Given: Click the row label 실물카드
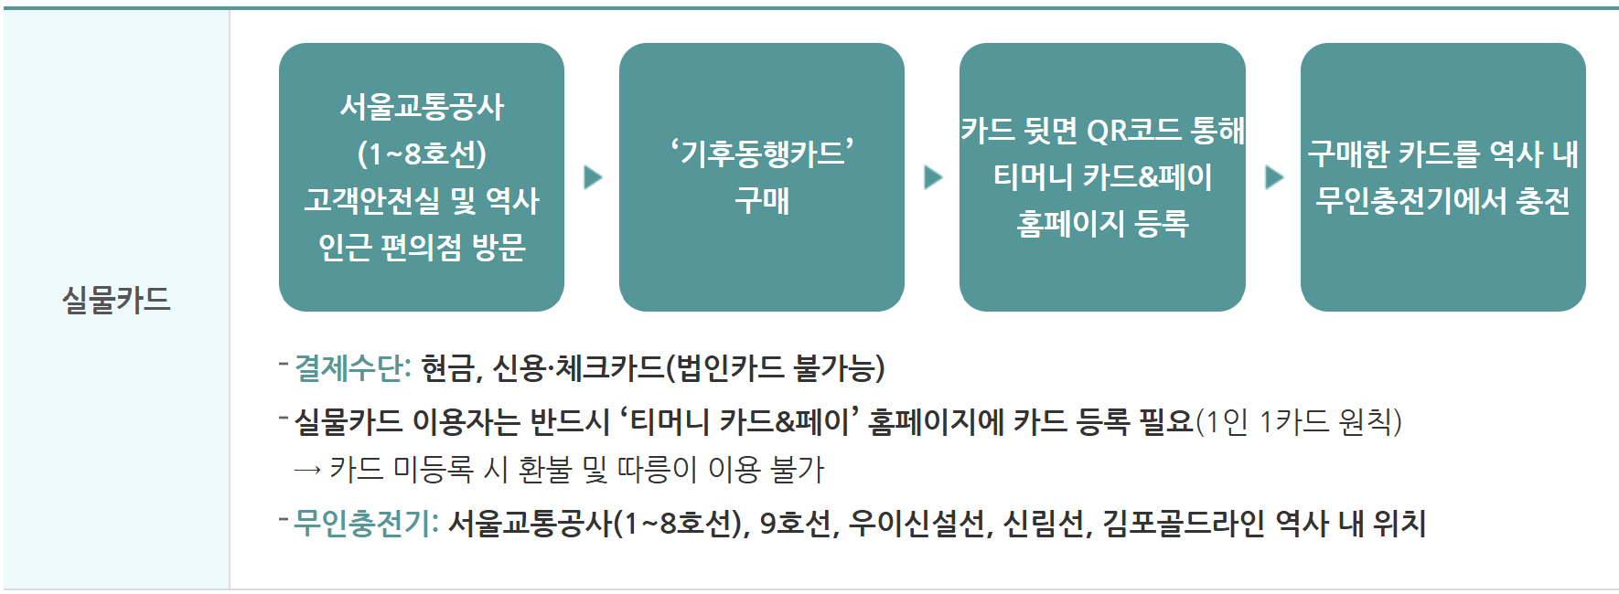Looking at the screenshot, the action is coord(116,300).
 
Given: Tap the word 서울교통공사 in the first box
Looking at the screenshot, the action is coord(422,107).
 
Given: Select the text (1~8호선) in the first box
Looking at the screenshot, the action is coord(422,154).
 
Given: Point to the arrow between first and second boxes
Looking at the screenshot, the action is coord(593,176).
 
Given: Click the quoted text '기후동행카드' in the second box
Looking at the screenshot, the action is coord(762,153).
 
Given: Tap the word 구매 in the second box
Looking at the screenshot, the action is coord(762,200).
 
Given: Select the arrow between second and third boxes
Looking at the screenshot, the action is coord(933,176).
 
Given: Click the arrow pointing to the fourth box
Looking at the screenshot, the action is coord(1274,176).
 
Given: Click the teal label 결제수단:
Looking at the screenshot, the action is coord(353,367).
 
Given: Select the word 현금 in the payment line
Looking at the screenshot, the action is coord(448,367).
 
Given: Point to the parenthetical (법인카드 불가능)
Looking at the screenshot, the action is coord(776,367).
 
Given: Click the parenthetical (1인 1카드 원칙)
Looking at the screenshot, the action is coord(1299,421).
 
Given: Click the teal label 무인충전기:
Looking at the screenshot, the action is coord(366,523).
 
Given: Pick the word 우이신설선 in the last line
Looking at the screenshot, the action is coord(917,523).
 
